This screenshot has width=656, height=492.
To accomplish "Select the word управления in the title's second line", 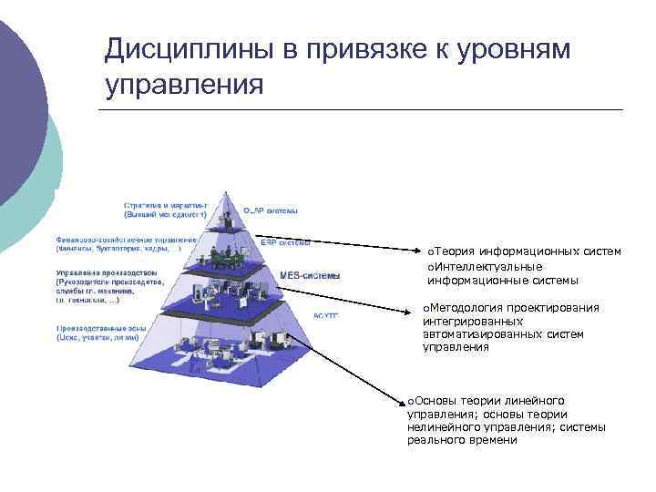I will click(184, 86).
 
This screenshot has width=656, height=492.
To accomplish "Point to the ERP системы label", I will click(285, 243).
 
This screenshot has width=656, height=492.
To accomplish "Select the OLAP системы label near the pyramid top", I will click(271, 210).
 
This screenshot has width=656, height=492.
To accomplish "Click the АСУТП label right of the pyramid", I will click(326, 315).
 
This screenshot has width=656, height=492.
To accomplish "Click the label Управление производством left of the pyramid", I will click(106, 272).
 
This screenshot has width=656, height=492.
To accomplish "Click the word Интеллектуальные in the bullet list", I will click(484, 266).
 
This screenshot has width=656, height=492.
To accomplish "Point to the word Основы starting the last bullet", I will click(436, 401).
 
